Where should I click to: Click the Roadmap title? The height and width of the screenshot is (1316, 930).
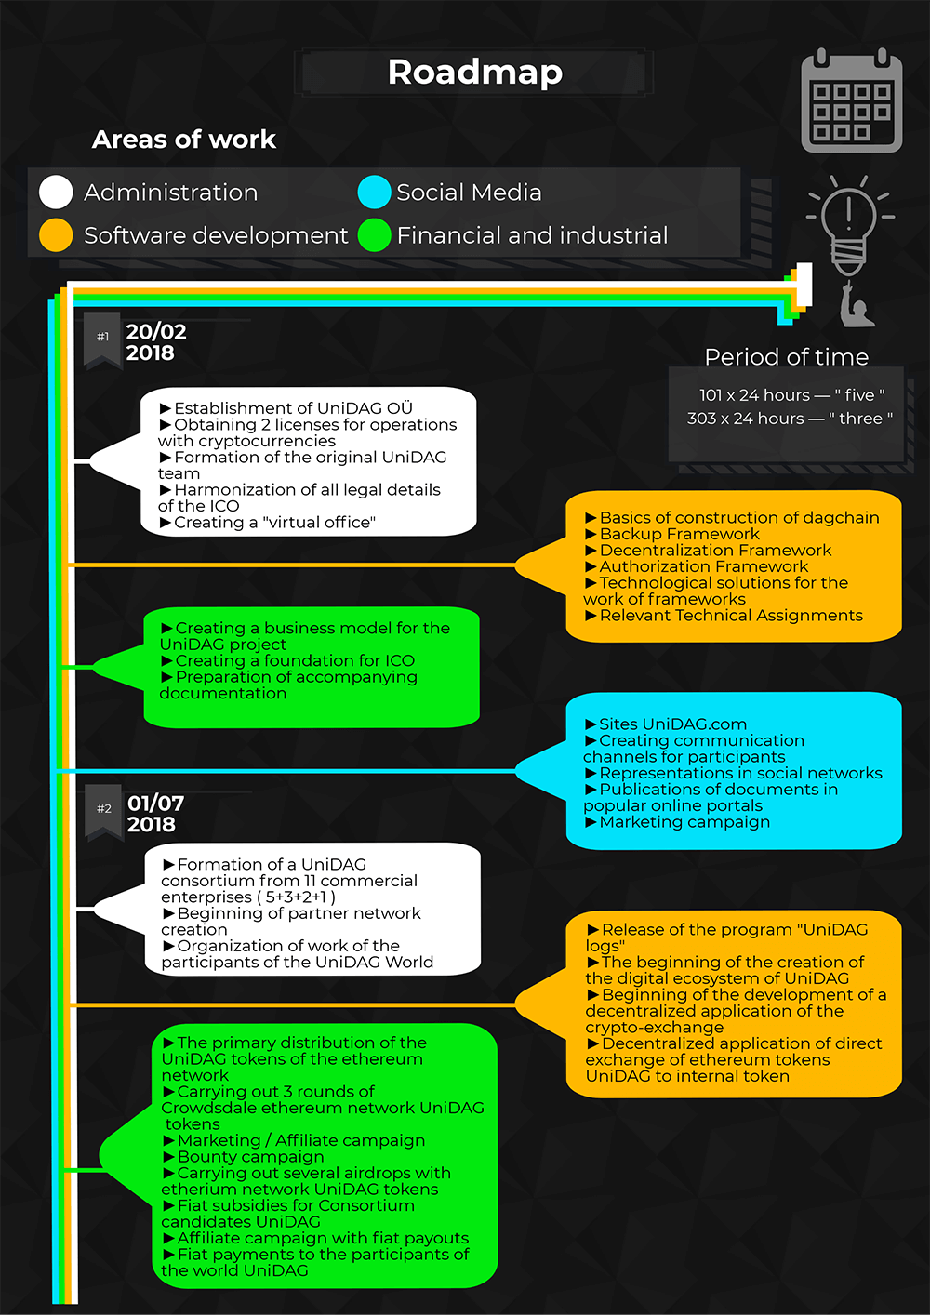pos(474,73)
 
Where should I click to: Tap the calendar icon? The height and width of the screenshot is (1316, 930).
pos(851,100)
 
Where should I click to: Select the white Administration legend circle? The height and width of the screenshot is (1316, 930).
pos(56,193)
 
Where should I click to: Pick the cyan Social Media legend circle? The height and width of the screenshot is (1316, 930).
pos(374,193)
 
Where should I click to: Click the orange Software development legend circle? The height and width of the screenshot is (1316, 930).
pos(56,235)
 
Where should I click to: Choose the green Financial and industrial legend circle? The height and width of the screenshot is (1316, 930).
pos(374,235)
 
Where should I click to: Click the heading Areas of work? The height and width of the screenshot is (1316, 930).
pos(184,140)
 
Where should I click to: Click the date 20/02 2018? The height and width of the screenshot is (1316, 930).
pos(155,342)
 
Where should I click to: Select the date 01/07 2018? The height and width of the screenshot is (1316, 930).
pos(156,814)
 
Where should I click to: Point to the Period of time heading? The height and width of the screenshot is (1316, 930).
pos(787,357)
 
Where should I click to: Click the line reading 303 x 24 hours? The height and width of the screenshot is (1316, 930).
pos(790,419)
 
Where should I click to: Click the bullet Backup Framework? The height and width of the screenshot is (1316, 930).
pos(672,534)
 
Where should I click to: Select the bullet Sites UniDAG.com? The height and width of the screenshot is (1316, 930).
pos(666,724)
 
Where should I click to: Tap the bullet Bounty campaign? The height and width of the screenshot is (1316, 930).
pos(244,1156)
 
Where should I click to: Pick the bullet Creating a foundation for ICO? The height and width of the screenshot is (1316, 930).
pos(288,660)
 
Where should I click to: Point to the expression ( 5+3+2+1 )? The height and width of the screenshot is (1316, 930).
pos(296,897)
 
